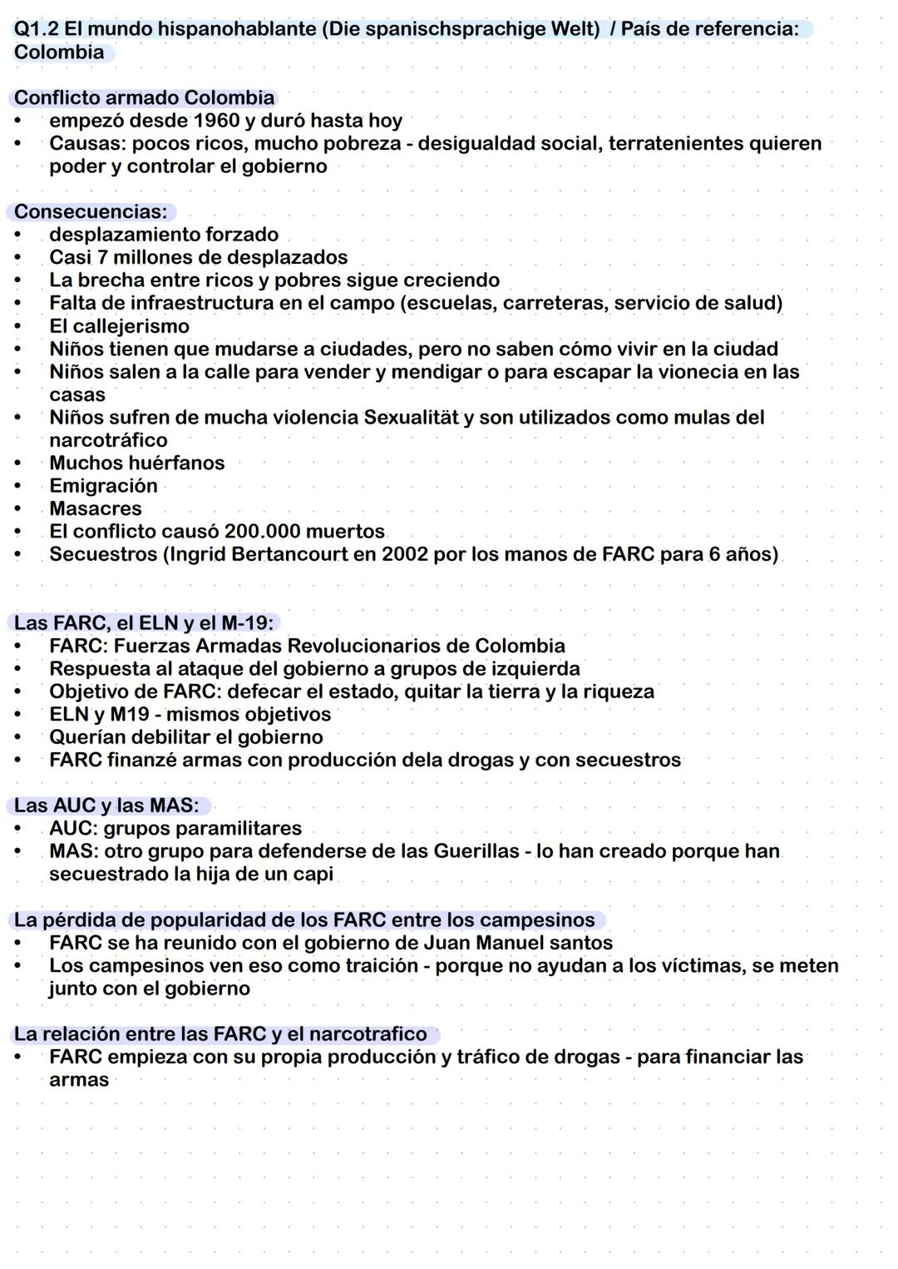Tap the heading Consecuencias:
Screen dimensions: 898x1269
tap(91, 211)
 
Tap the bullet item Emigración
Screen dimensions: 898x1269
tap(103, 485)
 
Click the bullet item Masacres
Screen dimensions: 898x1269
tap(96, 508)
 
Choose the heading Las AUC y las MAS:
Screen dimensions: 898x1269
tap(106, 806)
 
